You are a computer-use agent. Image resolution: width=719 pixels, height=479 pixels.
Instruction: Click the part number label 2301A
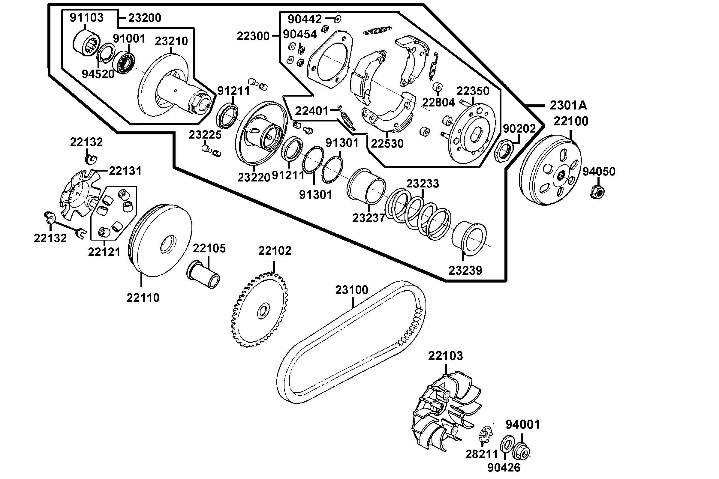click(568, 105)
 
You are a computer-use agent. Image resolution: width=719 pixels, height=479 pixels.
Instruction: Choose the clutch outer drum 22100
click(550, 171)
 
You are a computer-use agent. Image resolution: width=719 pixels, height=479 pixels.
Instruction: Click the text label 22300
click(253, 36)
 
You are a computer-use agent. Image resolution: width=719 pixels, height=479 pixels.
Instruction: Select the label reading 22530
click(387, 143)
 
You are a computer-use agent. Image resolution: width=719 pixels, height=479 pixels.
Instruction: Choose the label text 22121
click(104, 252)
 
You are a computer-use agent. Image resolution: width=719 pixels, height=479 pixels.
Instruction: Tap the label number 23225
click(205, 134)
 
